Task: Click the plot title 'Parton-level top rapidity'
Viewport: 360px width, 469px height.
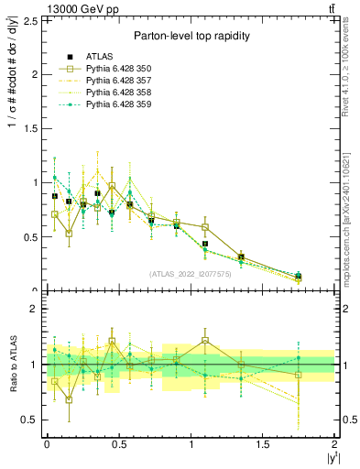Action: tap(191, 36)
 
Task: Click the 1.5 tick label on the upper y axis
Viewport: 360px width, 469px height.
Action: tap(30, 128)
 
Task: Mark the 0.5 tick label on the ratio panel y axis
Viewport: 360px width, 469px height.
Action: tap(30, 420)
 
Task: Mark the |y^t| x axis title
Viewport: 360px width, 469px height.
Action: tap(327, 458)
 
